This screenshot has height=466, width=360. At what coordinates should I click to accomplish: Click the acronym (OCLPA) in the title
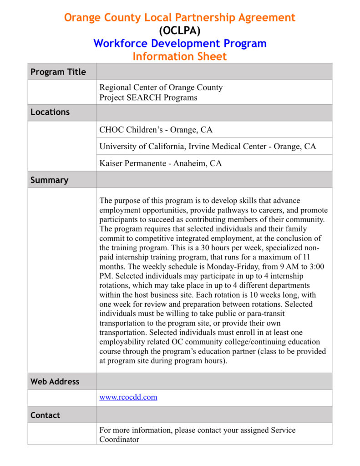click(x=179, y=30)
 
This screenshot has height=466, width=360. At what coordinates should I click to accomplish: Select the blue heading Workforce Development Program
click(x=180, y=44)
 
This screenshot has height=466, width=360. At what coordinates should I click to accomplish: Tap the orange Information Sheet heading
click(x=179, y=56)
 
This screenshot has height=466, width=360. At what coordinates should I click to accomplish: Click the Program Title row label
click(x=58, y=72)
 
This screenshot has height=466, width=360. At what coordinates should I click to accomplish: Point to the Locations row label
click(x=50, y=112)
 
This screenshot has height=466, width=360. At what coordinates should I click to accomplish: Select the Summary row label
click(x=49, y=180)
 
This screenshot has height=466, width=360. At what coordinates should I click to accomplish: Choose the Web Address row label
click(x=55, y=382)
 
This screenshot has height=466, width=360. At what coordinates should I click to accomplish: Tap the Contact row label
click(x=45, y=415)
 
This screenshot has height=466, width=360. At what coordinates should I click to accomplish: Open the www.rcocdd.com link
click(x=128, y=397)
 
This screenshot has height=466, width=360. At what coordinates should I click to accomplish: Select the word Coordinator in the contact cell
click(x=119, y=440)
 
